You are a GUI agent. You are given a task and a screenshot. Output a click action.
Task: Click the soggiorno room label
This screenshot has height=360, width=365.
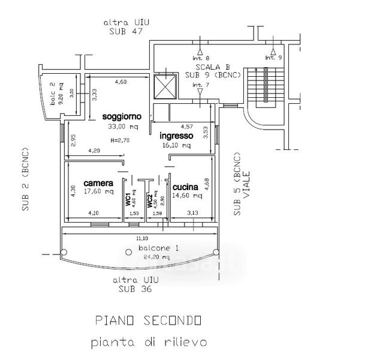(x=121, y=116)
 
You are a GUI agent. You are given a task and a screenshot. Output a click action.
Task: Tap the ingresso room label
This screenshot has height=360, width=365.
(x=176, y=136)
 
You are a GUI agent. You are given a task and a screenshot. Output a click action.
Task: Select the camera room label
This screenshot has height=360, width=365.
(x=98, y=183)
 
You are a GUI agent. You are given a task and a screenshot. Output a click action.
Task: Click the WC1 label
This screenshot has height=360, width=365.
(x=128, y=199)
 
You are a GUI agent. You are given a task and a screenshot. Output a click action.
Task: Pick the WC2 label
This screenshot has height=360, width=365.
(x=150, y=199)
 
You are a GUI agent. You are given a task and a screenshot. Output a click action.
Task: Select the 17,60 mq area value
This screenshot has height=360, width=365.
(x=99, y=192)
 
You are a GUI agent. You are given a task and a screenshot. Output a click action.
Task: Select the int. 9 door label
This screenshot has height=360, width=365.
(x=273, y=58)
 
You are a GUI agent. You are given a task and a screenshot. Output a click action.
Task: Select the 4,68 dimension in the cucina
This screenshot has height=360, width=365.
(x=207, y=183)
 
